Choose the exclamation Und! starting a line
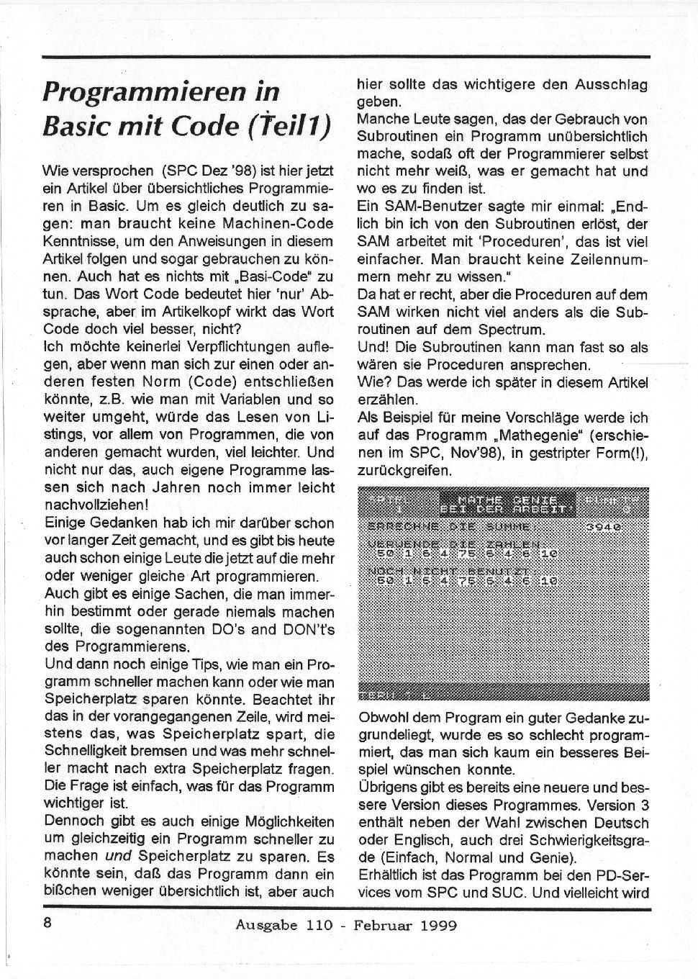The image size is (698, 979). pos(373,347)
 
